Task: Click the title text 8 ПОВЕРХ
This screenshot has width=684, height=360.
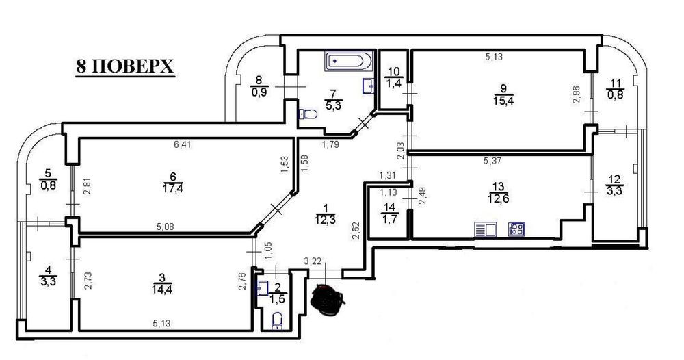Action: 125,67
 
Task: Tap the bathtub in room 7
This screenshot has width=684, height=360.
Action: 349,62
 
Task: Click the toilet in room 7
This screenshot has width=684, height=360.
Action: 308,114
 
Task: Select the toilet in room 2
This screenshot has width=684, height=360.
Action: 277,321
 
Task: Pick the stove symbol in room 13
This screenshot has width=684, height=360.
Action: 516,229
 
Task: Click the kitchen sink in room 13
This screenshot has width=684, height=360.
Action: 485,229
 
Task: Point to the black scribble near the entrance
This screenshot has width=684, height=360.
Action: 328,299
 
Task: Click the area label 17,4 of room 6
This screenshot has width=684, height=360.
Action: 173,190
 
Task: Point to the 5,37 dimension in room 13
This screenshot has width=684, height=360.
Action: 492,161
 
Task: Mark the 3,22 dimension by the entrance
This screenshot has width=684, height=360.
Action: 313,261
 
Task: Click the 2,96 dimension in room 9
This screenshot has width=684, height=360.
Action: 576,94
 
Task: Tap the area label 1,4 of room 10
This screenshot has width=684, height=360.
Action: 393,83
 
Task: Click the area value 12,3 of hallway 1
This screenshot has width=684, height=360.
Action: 325,220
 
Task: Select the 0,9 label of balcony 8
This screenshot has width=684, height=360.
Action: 259,92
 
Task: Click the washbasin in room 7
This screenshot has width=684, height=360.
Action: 369,86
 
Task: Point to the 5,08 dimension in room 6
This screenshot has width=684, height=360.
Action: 164,227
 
